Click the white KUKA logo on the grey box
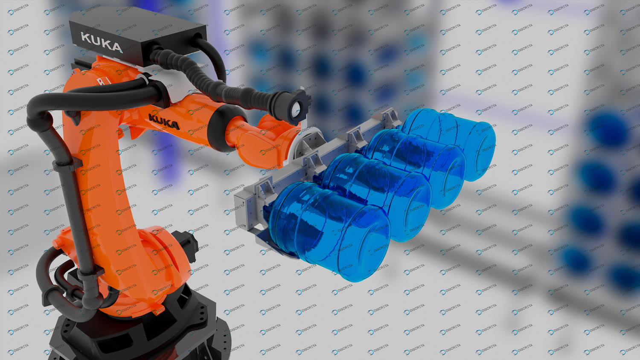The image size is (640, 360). pos(102,43)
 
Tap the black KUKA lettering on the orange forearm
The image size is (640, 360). pos(164,122)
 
